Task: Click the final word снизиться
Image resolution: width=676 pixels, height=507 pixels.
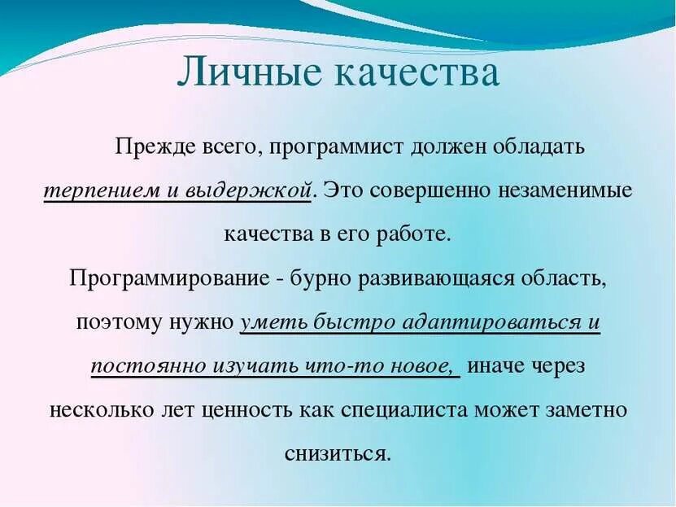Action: tap(338, 452)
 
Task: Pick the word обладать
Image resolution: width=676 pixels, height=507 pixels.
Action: tap(534, 147)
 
